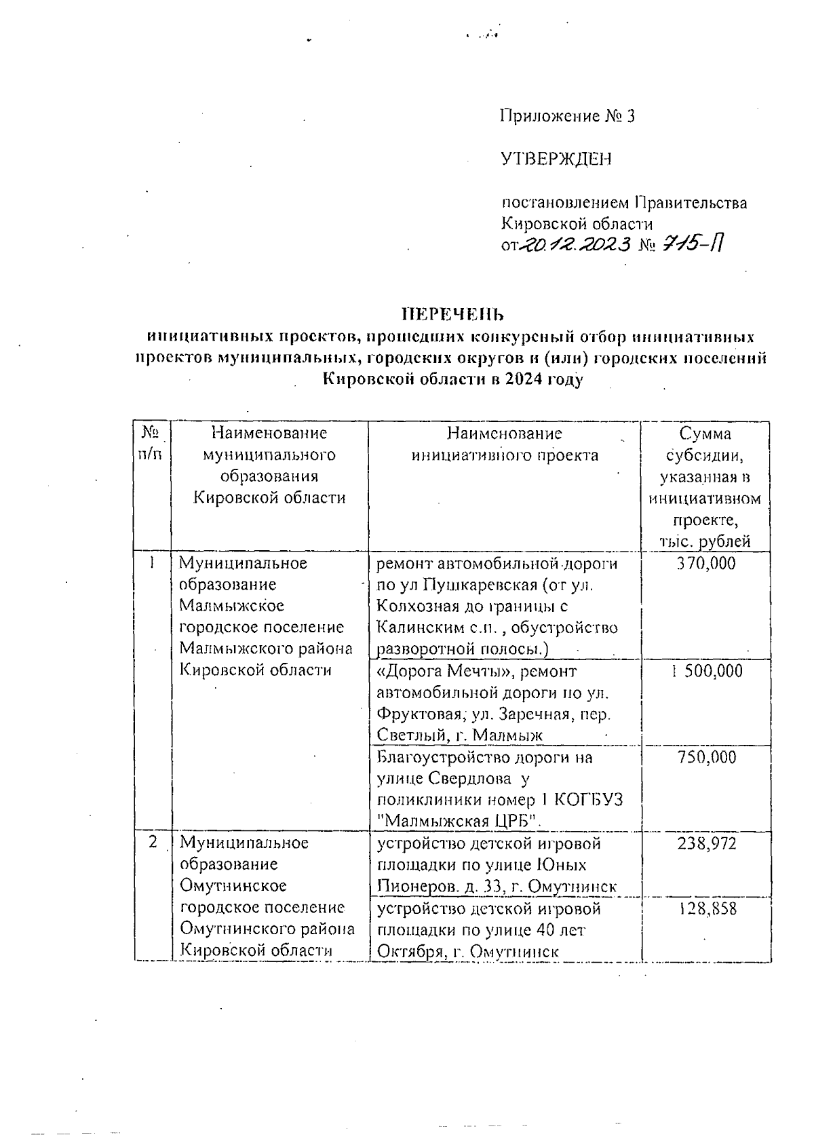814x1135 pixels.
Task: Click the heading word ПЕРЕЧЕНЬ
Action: coord(453,314)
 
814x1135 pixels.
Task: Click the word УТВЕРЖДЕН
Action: coord(556,159)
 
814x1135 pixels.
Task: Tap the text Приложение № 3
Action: coord(568,116)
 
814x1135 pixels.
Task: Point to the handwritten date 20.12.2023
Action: coord(574,243)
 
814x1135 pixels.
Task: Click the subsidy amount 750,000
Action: coord(706,757)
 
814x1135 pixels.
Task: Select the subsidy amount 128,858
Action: coord(706,908)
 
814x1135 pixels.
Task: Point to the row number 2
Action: coord(153,842)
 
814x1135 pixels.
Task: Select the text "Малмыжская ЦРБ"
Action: coord(459,821)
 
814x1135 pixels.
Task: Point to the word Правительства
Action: coord(691,202)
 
